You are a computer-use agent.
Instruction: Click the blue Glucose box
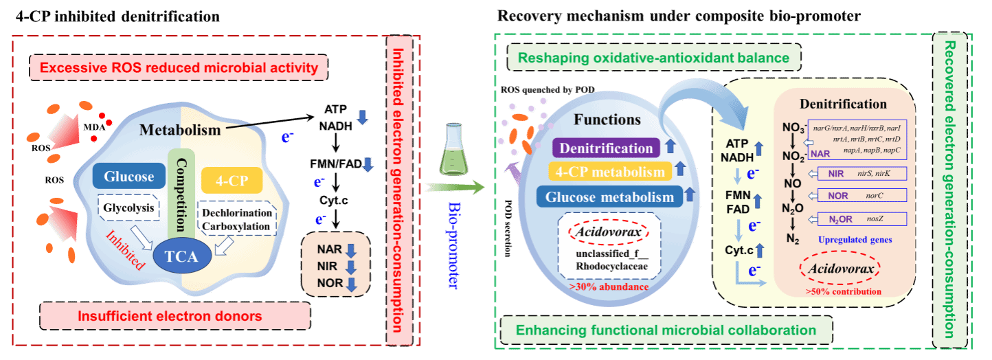pyautogui.click(x=128, y=177)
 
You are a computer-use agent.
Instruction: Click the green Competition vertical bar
pyautogui.click(x=182, y=192)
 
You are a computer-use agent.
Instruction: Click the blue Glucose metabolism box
pyautogui.click(x=609, y=197)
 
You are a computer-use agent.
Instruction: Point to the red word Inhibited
pyautogui.click(x=126, y=249)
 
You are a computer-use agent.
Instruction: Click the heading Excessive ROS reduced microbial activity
pyautogui.click(x=179, y=68)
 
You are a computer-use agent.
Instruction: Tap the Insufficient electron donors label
pyautogui.click(x=169, y=317)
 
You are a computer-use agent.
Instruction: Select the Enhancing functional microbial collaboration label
pyautogui.click(x=666, y=330)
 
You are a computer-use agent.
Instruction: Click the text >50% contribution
pyautogui.click(x=844, y=291)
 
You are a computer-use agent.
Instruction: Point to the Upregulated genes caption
pyautogui.click(x=855, y=240)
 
